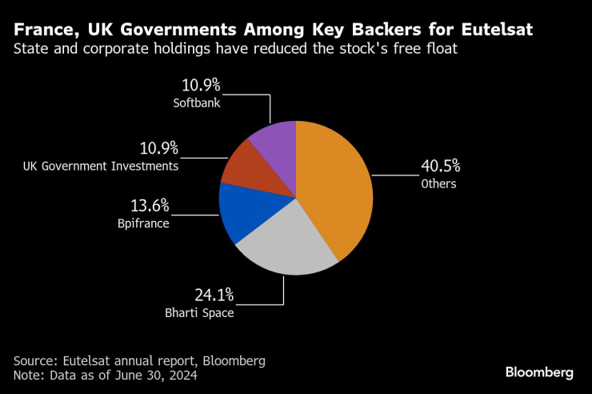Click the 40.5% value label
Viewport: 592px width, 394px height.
[x=440, y=167]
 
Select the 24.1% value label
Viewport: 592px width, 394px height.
[x=215, y=294]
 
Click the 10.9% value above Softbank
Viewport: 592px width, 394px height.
[x=199, y=85]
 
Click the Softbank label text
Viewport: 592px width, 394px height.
[x=196, y=103]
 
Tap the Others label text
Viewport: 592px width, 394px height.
[x=438, y=184]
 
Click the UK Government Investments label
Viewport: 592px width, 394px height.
[x=101, y=166]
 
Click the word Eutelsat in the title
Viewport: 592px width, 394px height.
[x=490, y=30]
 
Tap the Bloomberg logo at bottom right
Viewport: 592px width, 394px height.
[x=539, y=372]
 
